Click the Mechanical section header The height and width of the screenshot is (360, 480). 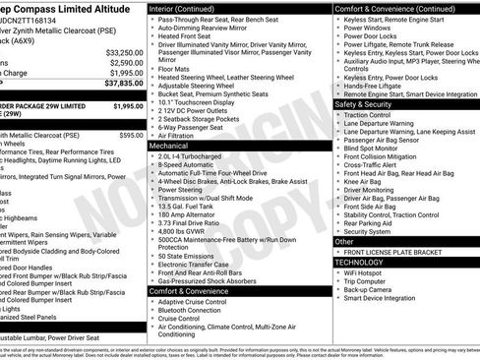pyautogui.click(x=169, y=145)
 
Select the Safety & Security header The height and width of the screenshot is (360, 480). pyautogui.click(x=364, y=103)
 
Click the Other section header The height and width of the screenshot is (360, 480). pyautogui.click(x=344, y=241)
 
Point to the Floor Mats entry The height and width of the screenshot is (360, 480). pyautogui.click(x=176, y=69)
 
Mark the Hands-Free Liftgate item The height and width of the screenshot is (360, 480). pyautogui.click(x=378, y=85)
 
